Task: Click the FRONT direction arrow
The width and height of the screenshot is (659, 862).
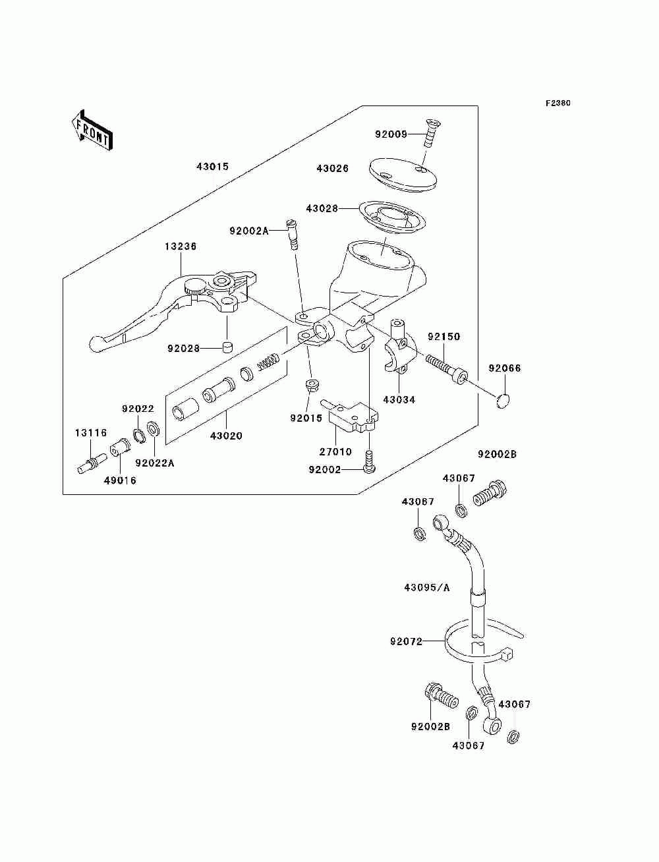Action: point(92,130)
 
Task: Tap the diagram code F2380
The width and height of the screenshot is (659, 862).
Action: point(558,103)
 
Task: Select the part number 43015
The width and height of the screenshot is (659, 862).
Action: point(212,167)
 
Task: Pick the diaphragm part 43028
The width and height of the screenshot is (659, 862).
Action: point(392,220)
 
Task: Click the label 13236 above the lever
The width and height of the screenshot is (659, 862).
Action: point(181,246)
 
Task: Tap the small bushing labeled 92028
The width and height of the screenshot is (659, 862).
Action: point(227,347)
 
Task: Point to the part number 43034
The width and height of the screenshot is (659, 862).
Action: point(399,400)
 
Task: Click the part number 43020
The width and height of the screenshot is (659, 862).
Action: point(226,436)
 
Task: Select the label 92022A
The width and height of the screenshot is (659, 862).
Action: point(155,463)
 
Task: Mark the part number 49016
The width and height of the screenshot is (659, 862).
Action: point(120,480)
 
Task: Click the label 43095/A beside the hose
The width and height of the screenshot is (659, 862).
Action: point(427,598)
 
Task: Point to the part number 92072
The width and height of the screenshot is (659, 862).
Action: point(407,641)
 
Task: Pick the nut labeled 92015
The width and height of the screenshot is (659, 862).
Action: point(312,386)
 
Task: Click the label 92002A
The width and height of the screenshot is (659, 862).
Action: point(249,231)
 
